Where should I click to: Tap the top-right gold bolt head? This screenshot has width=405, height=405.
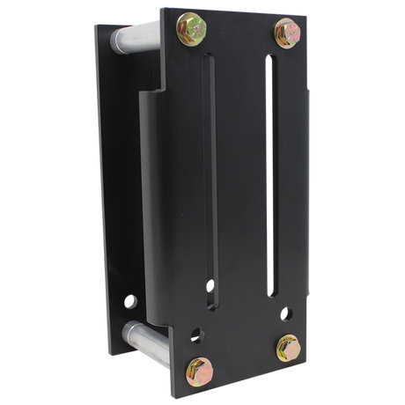(287, 33)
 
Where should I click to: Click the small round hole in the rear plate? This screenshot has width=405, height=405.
(132, 302)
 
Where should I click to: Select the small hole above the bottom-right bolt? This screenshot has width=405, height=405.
(287, 312)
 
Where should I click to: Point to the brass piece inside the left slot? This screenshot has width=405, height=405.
(210, 287)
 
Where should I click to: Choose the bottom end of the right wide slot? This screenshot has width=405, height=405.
(275, 292)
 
